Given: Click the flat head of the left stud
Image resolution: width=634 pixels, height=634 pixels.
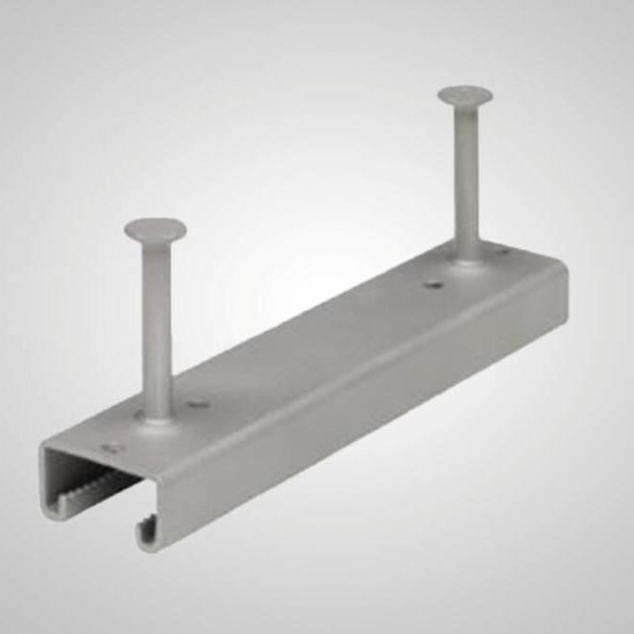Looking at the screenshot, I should coord(155,229).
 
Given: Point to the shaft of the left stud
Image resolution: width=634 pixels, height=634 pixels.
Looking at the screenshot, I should coord(157,323).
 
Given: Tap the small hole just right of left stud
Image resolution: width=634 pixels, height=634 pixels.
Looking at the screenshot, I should coord(198,404).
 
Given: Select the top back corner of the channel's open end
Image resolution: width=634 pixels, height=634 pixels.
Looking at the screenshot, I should coord(42,446).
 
